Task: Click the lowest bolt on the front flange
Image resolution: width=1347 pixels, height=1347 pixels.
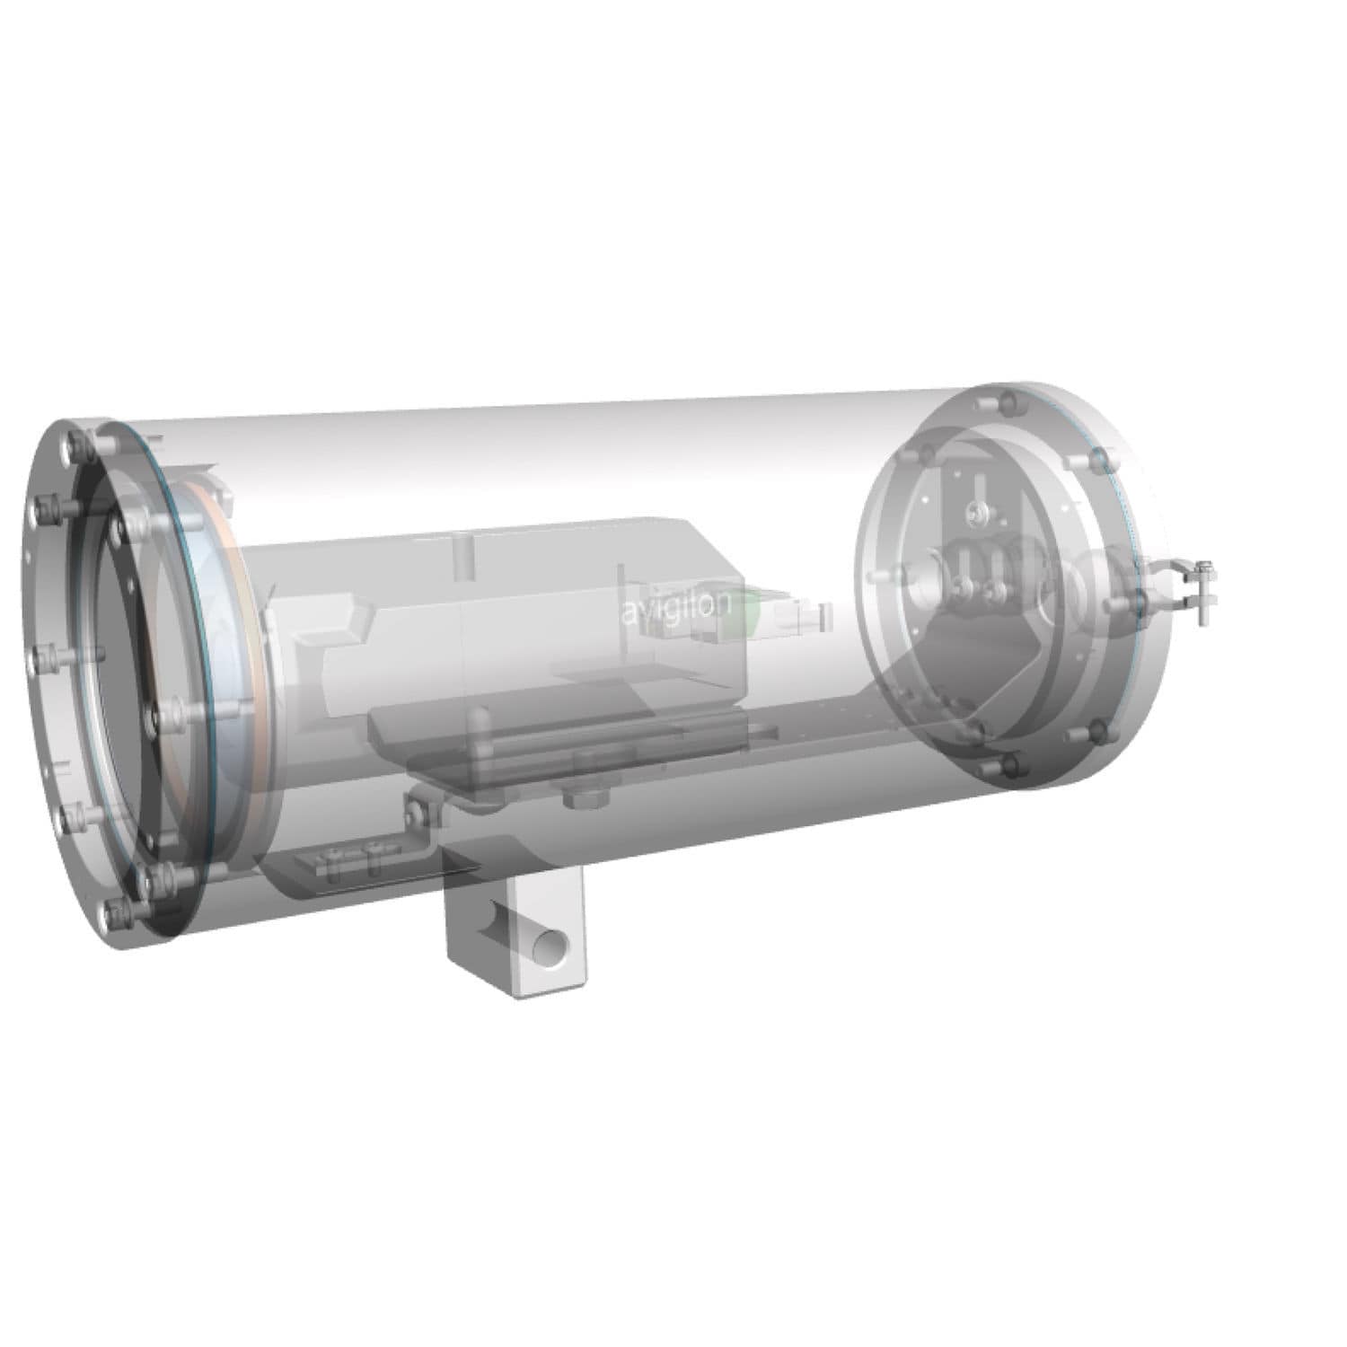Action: coord(115,912)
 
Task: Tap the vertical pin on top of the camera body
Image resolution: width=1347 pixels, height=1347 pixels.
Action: coord(462,554)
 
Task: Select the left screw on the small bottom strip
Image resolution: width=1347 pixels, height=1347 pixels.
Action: coord(333,862)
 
